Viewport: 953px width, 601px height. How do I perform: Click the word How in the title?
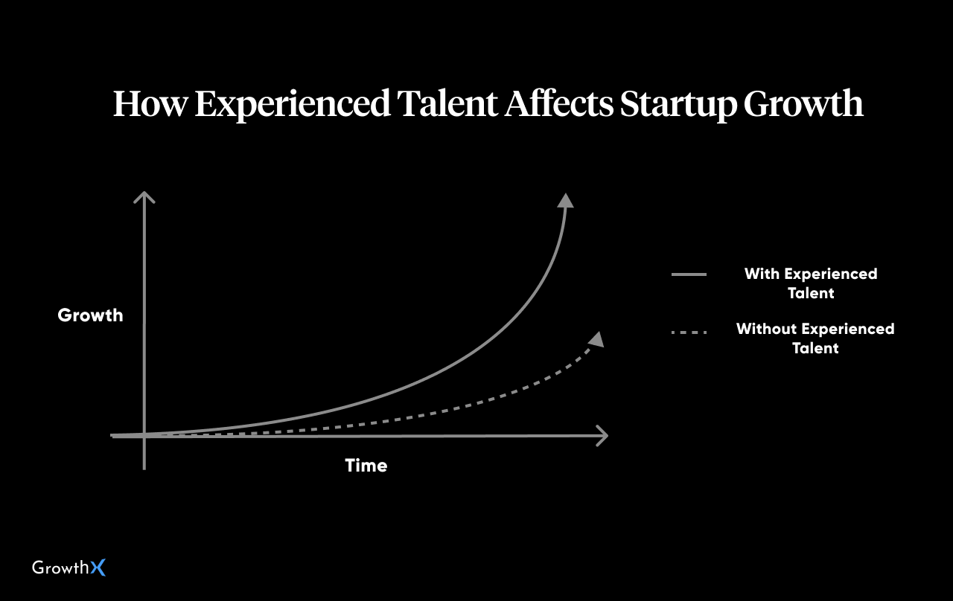(x=150, y=103)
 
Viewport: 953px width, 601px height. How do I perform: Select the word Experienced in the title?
(x=293, y=105)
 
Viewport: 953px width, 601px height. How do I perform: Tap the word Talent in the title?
(x=447, y=103)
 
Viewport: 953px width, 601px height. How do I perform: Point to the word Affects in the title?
(x=559, y=103)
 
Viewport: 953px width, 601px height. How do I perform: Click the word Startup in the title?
(x=678, y=105)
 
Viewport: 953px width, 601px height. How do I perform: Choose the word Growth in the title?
(x=803, y=103)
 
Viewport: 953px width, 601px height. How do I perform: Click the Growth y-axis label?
(x=90, y=315)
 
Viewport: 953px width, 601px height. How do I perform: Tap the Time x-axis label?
(x=366, y=466)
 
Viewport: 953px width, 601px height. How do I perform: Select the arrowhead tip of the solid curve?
(x=566, y=194)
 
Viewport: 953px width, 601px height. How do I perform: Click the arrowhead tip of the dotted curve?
(x=600, y=332)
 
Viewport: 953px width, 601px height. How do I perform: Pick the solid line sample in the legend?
(x=689, y=274)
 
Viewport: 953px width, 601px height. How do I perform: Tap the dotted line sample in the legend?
(x=689, y=332)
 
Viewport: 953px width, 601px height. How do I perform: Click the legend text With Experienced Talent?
(x=811, y=283)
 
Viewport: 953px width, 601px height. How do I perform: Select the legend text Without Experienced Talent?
(x=815, y=338)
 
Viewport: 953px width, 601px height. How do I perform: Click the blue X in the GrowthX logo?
(x=98, y=568)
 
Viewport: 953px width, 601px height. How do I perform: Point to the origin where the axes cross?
(x=144, y=435)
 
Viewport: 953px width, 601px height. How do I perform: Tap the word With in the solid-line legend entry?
(x=762, y=274)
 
